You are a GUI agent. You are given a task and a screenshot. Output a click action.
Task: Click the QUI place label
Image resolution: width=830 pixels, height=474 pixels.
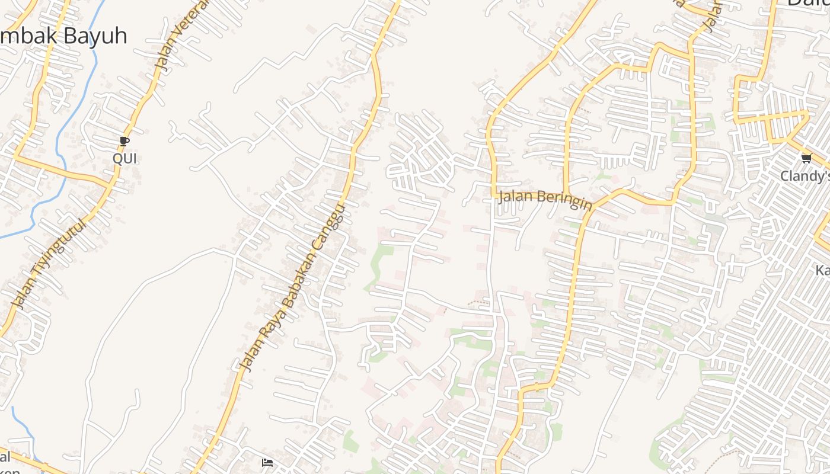124,158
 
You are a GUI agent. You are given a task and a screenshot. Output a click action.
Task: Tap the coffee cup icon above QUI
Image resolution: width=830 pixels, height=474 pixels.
124,141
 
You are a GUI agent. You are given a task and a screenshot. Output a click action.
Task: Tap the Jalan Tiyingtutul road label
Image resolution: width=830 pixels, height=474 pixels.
49,264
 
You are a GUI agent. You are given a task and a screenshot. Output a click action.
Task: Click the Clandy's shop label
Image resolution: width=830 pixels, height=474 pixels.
805,176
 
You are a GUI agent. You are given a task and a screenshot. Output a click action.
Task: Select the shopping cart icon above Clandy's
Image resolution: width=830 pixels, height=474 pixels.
806,158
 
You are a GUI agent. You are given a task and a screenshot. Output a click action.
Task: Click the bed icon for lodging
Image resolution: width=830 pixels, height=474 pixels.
267,462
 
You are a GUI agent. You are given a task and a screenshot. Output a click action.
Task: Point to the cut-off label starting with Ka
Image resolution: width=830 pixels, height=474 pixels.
823,270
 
